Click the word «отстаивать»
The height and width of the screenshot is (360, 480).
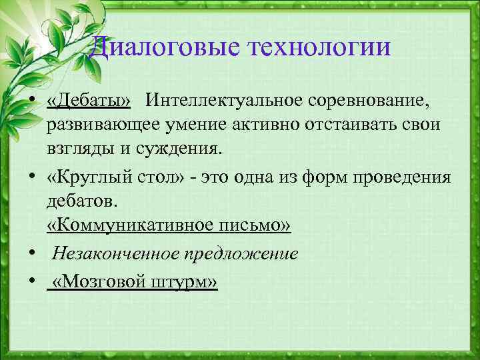pos(335,125)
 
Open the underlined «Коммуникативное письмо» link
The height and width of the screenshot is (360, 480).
pos(169,227)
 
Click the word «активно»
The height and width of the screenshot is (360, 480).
pos(257,125)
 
